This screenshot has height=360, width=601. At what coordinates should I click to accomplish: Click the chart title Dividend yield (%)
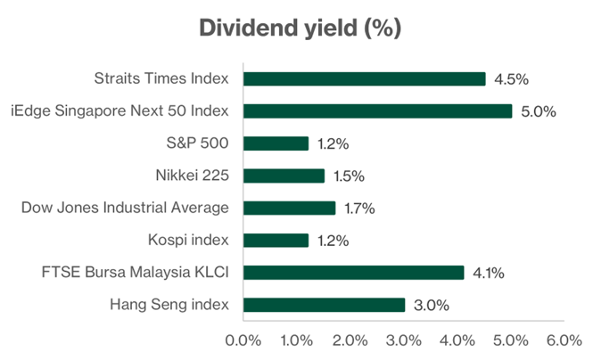300,28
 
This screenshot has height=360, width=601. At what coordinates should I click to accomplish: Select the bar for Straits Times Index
364,78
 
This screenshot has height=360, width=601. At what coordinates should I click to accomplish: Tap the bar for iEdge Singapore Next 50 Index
377,111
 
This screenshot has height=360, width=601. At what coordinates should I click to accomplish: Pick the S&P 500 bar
276,143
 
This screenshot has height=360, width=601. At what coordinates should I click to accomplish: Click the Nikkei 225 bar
284,176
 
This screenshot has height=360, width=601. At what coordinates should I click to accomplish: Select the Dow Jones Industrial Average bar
289,208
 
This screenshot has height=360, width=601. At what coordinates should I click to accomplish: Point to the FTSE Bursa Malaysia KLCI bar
353,273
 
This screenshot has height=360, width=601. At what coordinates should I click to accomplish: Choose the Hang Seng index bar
324,305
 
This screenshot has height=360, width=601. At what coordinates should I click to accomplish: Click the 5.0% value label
539,111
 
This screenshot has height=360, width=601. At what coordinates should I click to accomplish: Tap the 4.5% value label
512,78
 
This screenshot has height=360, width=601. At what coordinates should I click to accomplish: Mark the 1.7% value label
361,209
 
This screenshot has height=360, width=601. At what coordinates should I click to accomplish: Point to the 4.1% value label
490,273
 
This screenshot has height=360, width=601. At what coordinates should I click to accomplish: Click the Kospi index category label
187,241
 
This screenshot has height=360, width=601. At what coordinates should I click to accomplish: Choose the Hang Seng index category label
170,305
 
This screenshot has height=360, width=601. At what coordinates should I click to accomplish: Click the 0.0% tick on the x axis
243,340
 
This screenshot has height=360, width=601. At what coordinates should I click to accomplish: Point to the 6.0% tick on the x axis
564,340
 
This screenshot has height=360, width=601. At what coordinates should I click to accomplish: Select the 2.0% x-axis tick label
350,340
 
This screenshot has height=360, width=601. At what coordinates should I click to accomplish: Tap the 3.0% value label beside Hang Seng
432,306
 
